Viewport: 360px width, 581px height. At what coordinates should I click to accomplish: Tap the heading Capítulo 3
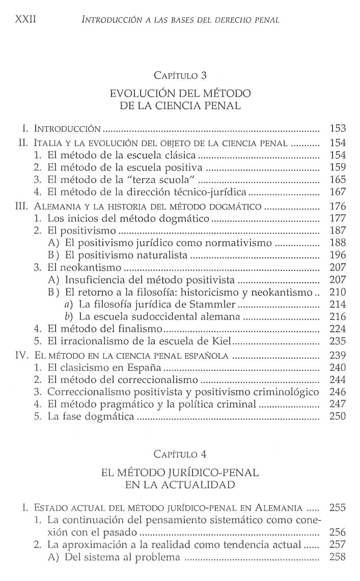click(180, 76)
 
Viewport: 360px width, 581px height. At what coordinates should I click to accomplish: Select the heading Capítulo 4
click(180, 453)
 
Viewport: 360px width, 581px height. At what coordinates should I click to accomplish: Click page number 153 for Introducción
click(338, 128)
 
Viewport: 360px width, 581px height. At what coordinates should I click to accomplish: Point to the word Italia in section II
click(47, 143)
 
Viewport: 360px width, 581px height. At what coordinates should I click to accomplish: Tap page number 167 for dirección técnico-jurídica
click(338, 192)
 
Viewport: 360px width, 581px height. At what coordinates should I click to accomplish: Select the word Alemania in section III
click(55, 207)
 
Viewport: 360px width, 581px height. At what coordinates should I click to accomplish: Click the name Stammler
click(215, 304)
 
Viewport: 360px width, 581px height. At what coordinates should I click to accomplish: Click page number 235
click(338, 341)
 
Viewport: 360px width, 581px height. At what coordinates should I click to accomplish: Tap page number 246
click(338, 392)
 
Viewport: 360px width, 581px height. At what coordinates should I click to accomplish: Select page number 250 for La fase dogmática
click(338, 416)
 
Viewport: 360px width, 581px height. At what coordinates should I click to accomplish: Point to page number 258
click(338, 557)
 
